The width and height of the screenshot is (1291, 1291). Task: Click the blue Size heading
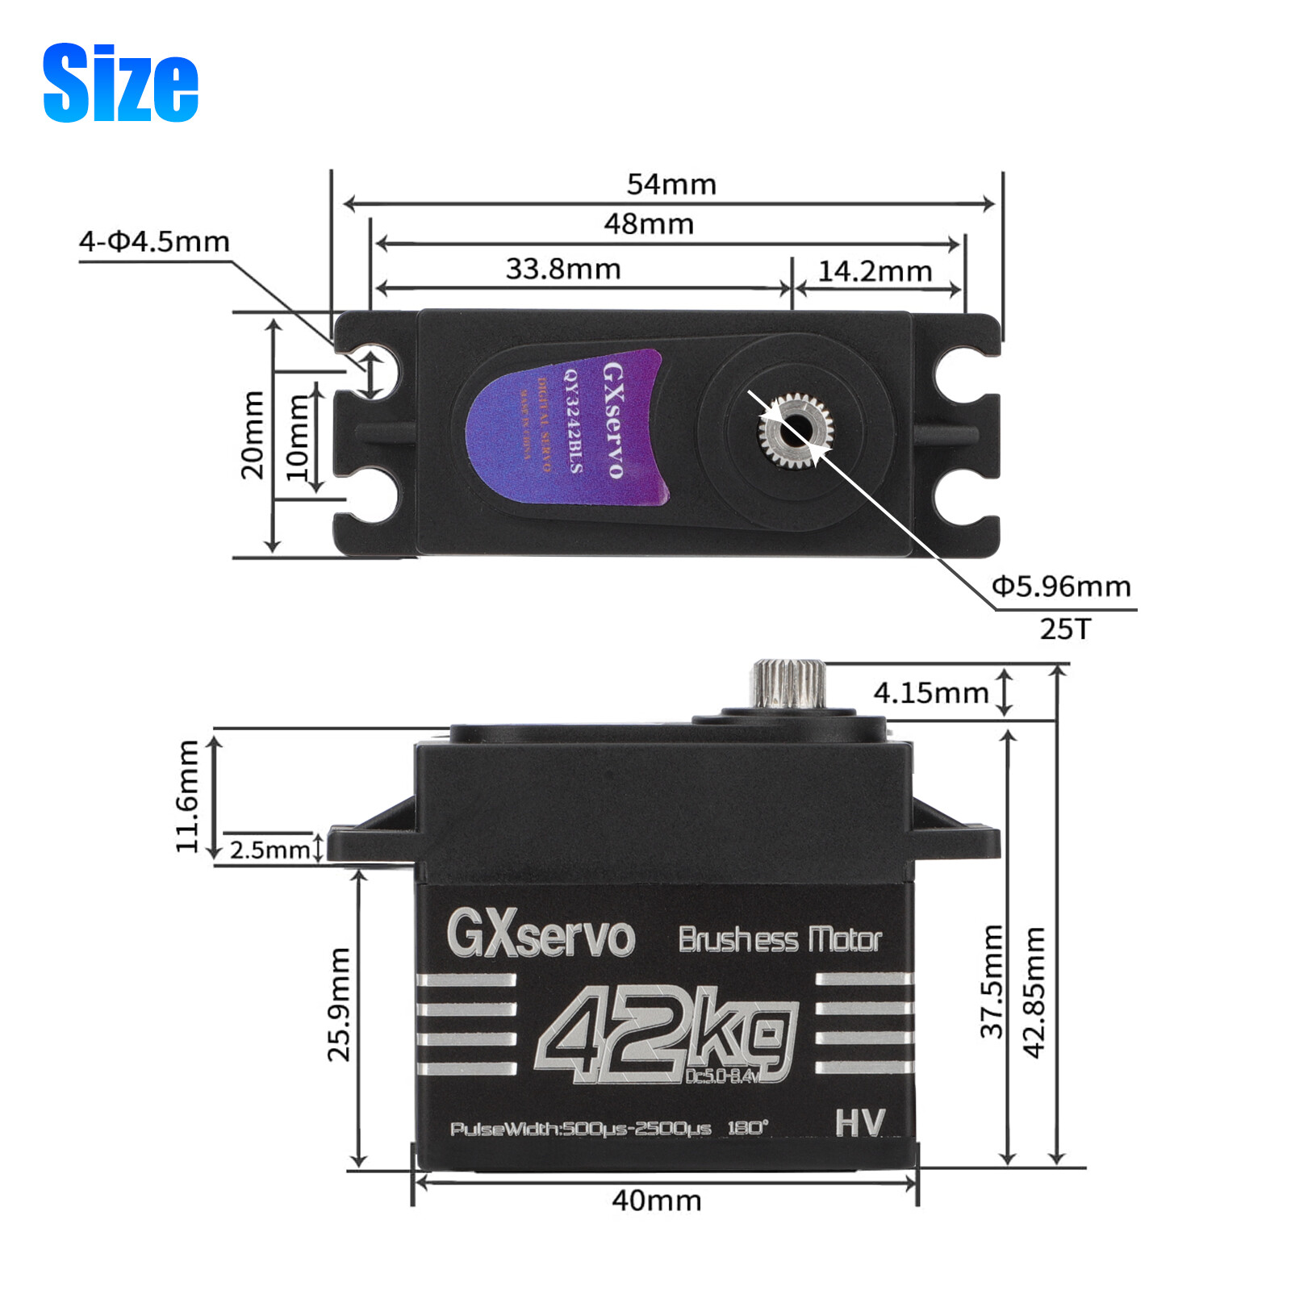point(120,83)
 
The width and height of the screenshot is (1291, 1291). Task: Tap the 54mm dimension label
point(671,184)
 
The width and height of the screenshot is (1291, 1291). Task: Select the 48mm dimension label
point(649,224)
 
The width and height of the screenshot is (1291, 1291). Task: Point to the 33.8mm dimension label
point(563,269)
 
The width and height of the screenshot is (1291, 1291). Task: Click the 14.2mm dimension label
point(875,271)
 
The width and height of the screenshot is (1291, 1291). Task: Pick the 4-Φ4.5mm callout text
point(154,241)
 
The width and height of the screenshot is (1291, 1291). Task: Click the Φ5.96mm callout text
point(1060,586)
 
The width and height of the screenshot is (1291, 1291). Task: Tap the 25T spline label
point(1064,629)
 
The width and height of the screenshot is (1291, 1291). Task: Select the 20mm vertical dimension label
point(253,435)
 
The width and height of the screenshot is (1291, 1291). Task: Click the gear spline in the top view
point(795,431)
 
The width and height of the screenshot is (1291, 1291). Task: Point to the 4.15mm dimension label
point(930,692)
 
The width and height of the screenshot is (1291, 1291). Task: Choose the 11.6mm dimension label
point(187,796)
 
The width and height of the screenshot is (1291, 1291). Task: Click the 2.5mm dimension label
point(269,850)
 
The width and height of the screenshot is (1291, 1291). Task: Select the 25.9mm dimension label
point(339,1005)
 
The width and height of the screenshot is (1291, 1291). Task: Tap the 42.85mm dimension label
point(1034,992)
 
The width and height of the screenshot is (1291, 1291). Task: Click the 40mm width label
point(656,1201)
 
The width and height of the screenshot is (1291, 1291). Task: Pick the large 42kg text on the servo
point(666,1035)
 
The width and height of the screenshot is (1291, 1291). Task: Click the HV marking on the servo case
point(859,1122)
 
